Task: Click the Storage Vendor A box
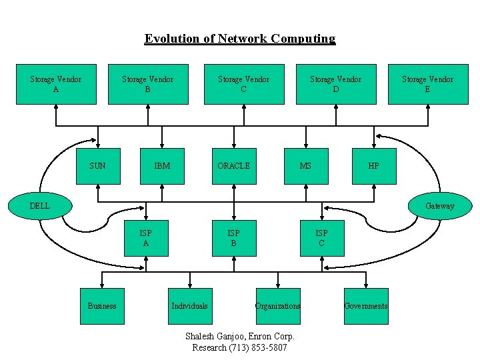56,84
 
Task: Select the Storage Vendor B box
148,84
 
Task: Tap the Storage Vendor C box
244,84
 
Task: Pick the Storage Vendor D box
336,84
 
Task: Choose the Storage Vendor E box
427,84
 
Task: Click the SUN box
98,165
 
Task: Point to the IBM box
162,165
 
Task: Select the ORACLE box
234,165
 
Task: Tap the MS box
306,165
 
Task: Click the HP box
374,165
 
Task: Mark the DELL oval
40,205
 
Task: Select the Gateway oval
439,205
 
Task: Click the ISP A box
146,238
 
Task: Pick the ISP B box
234,238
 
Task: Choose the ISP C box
322,238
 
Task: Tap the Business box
102,306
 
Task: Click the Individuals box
190,306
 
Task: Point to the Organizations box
278,306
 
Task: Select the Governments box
366,306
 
